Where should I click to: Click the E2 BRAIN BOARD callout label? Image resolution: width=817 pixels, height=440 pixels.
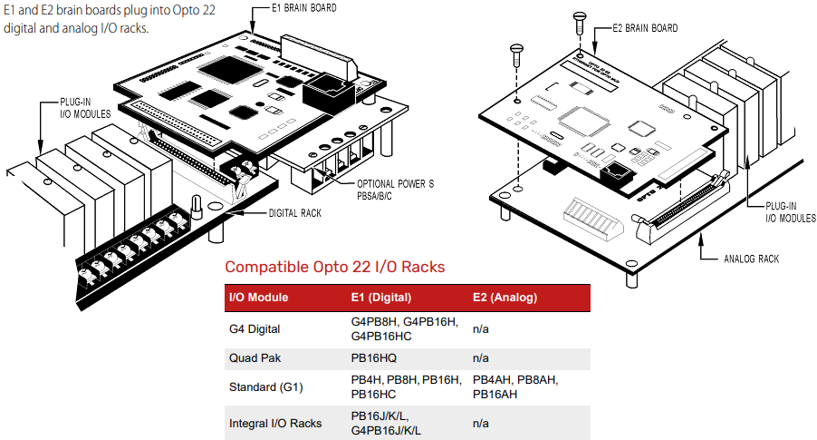(x=645, y=28)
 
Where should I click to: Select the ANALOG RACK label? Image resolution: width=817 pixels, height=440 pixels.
(x=751, y=259)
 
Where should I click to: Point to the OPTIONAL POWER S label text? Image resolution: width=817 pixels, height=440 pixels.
(x=396, y=184)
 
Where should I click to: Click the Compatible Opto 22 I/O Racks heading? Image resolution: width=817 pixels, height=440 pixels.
(x=335, y=267)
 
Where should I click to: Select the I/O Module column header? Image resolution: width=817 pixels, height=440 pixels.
(x=259, y=298)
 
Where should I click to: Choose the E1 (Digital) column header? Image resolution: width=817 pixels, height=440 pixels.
(x=381, y=298)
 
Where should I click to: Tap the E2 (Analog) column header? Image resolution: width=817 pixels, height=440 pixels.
(x=505, y=298)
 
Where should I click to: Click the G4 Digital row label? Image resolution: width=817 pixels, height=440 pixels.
(x=255, y=328)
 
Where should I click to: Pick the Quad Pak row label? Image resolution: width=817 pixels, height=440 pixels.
(x=252, y=358)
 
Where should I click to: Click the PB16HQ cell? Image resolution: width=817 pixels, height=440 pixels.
(x=373, y=358)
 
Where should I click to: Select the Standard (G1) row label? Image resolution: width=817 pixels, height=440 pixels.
(x=265, y=387)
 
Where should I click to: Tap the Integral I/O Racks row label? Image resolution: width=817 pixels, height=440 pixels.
(x=275, y=423)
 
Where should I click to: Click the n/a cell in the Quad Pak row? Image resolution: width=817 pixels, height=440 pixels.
(x=482, y=358)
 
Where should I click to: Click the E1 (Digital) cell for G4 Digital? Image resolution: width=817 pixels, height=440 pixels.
(x=405, y=328)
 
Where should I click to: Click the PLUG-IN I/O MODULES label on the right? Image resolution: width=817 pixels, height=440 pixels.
(x=791, y=212)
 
